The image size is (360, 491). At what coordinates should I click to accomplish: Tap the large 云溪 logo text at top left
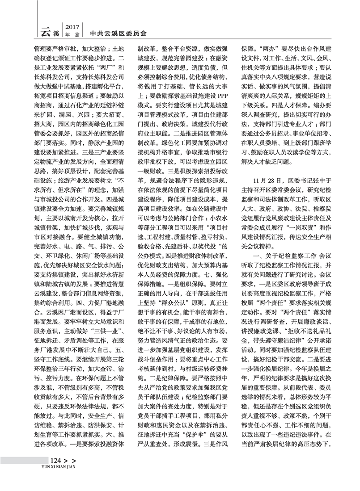[48, 30]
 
